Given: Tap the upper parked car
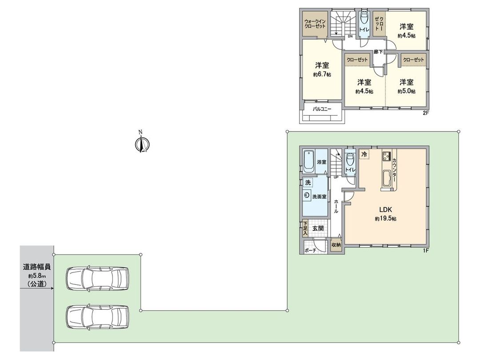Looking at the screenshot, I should tap(97, 279).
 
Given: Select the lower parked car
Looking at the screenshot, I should tap(97, 317).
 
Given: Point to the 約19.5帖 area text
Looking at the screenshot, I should tap(385, 219).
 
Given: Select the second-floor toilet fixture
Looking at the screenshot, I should tap(364, 20).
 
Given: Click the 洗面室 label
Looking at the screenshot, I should tap(319, 196).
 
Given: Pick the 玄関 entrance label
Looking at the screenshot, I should tap(317, 228).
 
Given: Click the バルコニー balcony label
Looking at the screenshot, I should tap(322, 108).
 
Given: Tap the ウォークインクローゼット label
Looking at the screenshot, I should tap(315, 24).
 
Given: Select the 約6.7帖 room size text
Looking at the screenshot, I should tap(322, 75).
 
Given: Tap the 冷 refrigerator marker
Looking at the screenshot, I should tap(364, 154).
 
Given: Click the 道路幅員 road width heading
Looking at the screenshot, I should tap(37, 267).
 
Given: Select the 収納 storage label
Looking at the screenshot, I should tap(336, 244).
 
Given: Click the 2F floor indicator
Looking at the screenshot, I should tap(425, 114).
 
